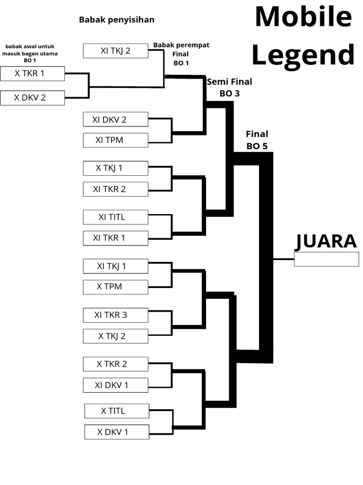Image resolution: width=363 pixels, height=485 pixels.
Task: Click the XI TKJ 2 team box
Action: click(115, 51)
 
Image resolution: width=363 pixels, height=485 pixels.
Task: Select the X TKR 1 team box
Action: click(32, 73)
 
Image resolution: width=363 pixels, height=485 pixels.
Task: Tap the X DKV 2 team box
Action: click(32, 98)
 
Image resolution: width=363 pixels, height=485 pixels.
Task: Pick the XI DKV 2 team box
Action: click(115, 119)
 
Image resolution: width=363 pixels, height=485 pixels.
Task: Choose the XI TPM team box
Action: click(115, 140)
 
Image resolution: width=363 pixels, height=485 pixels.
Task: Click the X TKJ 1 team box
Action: click(115, 168)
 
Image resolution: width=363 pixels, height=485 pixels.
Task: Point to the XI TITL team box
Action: click(115, 217)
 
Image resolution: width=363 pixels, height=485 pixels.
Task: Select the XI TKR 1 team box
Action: click(115, 238)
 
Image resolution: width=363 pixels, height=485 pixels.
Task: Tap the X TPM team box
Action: click(115, 287)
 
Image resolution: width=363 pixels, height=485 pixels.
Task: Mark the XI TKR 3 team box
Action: click(115, 315)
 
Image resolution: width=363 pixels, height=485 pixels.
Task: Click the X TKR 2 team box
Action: click(115, 364)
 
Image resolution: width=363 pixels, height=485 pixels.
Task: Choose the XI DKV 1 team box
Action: click(115, 385)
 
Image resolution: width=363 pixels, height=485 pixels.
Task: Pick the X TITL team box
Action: click(117, 411)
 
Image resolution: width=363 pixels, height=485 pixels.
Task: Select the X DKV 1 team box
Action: click(117, 432)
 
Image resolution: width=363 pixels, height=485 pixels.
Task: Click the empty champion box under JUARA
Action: click(326, 259)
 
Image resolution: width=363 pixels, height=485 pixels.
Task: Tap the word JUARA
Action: click(326, 241)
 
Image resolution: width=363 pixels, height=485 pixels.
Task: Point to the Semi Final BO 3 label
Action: click(230, 87)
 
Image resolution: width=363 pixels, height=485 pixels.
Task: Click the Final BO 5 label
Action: click(257, 140)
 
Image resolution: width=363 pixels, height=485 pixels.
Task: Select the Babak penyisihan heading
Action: click(117, 20)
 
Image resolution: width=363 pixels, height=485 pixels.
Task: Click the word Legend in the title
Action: click(302, 55)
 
